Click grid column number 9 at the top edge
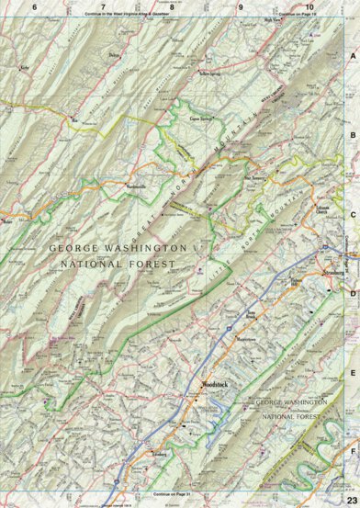tap(241, 6)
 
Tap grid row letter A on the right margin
tap(351, 55)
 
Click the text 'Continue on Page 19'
tap(297, 16)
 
